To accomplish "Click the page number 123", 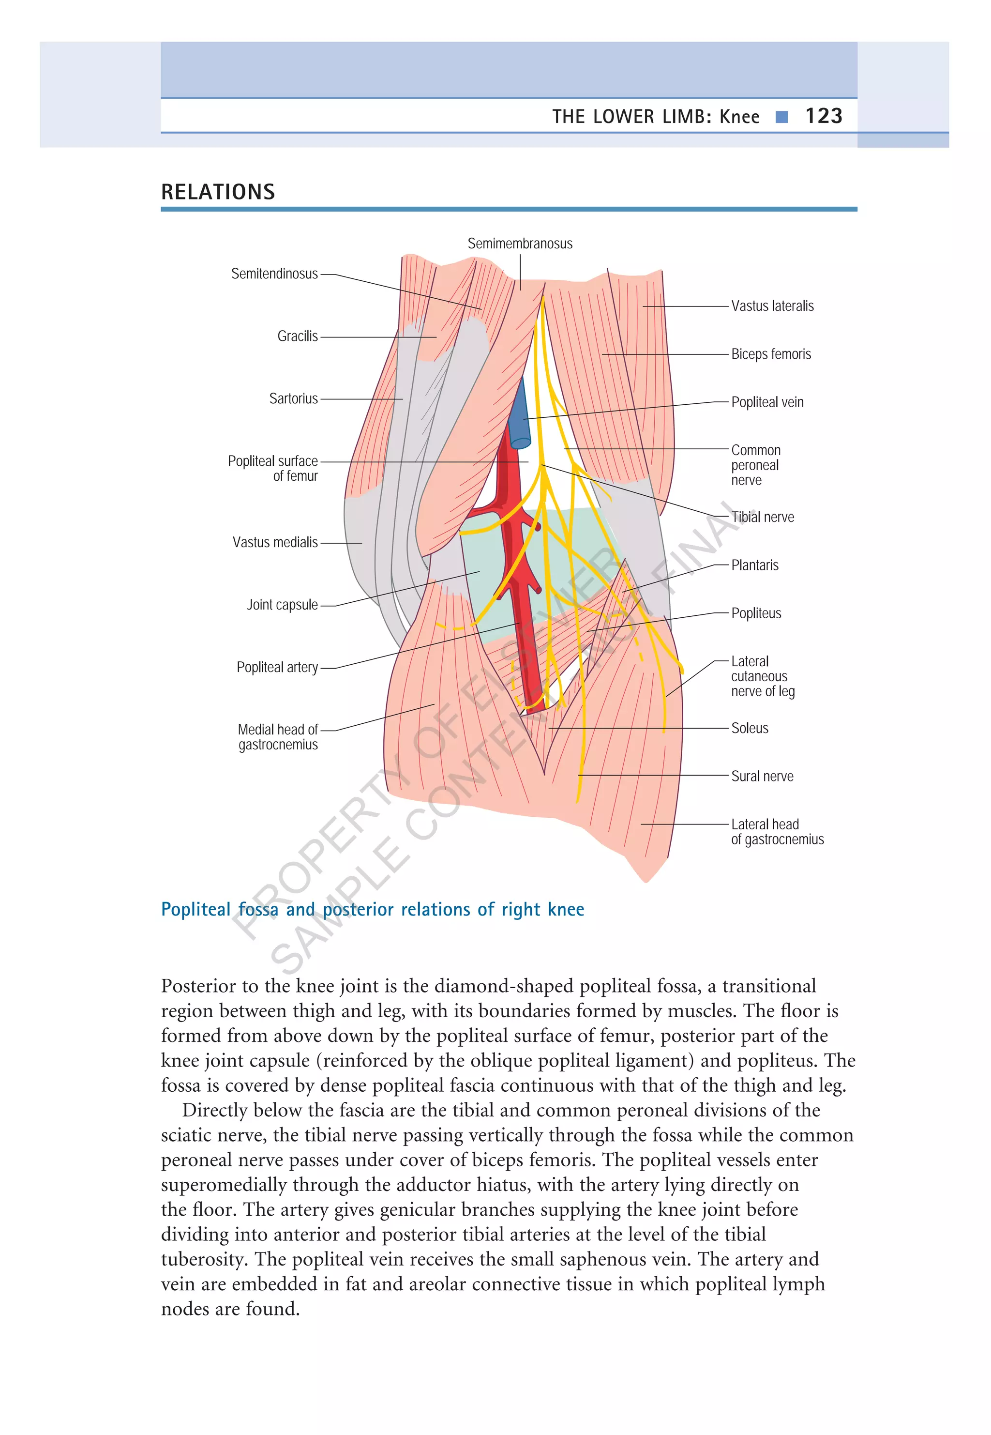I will click(824, 116).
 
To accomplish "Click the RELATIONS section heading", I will click(218, 192).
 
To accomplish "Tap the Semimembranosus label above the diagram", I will click(520, 244).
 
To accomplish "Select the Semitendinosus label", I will click(274, 274).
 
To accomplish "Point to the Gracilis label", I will click(298, 336).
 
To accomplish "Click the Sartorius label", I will click(293, 399).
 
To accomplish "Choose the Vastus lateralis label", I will click(772, 306).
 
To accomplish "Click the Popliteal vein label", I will click(767, 402).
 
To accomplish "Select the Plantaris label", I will click(754, 565).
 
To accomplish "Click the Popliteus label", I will click(756, 614).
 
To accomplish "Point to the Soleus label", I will click(750, 728).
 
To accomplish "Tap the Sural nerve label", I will click(762, 777).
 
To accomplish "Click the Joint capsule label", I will click(282, 605).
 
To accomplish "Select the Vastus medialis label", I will click(275, 542).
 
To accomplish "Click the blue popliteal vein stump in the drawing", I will click(518, 416).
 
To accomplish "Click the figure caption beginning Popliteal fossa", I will click(372, 909).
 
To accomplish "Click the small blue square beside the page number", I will click(782, 117).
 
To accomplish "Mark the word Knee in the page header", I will click(739, 117).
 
